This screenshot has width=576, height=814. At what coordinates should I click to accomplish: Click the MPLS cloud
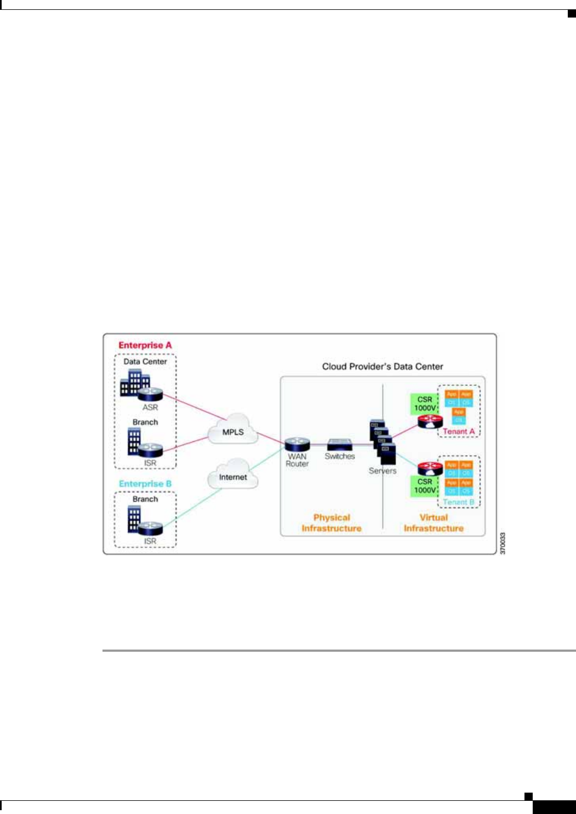pos(233,430)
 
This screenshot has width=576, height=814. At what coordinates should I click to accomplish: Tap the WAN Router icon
pos(297,445)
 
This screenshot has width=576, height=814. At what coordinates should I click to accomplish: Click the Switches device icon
pos(340,445)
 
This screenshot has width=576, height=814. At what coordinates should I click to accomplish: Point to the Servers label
pos(383,471)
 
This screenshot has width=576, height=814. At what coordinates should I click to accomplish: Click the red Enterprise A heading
pos(145,345)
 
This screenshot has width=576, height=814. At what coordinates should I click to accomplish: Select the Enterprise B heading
pos(145,484)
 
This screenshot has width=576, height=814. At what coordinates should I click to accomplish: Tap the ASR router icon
pos(150,394)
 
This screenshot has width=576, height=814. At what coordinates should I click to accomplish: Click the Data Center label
pos(145,362)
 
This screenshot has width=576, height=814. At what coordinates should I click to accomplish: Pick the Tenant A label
pos(459,431)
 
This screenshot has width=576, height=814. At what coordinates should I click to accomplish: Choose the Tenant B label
pos(459,502)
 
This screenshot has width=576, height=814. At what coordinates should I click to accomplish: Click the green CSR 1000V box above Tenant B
pos(425,486)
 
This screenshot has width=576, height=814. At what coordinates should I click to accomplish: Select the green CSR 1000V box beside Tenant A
pos(425,404)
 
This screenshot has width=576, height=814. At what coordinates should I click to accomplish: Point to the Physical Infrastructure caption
pos(332,523)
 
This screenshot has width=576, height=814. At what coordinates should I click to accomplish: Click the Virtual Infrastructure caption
pos(434,523)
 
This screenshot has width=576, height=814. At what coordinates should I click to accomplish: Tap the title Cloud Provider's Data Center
pos(383,367)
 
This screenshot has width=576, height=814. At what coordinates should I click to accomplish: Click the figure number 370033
pos(503,543)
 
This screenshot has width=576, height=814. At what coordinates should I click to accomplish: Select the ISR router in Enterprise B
pos(150,528)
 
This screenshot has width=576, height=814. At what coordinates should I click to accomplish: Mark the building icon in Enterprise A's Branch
pos(134,442)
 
